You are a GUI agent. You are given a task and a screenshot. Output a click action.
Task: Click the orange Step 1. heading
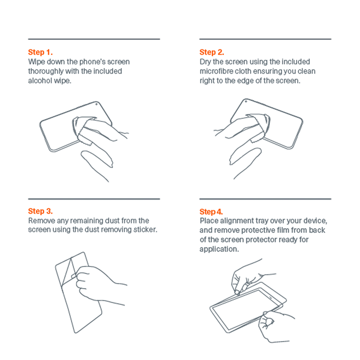[x=40, y=52]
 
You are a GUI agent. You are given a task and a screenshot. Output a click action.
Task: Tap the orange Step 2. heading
[x=212, y=52]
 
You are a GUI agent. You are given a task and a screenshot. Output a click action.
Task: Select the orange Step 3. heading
[x=40, y=211]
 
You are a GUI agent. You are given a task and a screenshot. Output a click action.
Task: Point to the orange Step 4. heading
[x=211, y=211]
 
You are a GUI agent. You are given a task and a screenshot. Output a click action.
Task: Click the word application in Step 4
[x=218, y=249]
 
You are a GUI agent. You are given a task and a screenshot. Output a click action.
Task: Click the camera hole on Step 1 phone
[x=96, y=104]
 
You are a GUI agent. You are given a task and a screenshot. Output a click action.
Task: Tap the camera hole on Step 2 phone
[x=246, y=102]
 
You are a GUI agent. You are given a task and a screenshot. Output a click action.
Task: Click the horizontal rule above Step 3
[x=94, y=199]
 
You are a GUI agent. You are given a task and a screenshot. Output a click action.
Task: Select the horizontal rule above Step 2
[x=265, y=39]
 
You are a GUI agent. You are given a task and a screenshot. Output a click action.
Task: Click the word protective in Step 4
[x=258, y=230]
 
